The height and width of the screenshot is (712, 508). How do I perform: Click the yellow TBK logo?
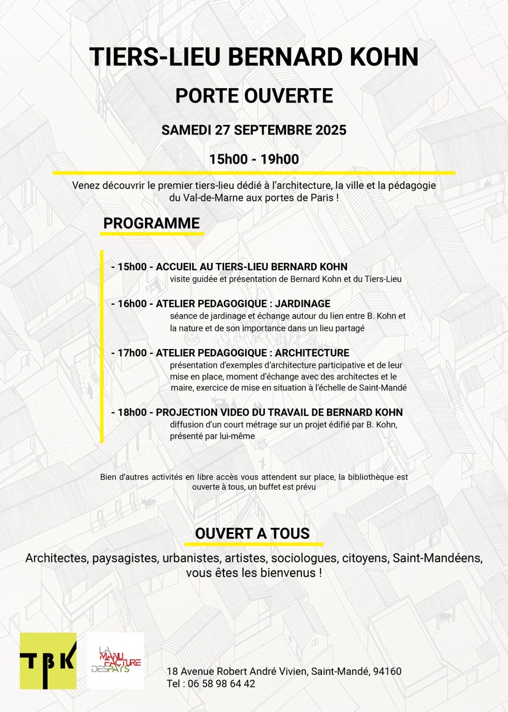48,661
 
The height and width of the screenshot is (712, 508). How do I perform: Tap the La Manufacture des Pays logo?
116,661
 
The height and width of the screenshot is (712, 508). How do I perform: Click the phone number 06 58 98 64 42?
222,684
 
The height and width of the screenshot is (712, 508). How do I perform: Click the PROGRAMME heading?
151,223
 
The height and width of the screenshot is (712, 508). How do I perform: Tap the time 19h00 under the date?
279,159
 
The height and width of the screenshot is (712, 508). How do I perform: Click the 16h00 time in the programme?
132,304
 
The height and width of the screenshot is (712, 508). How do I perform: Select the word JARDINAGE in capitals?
302,304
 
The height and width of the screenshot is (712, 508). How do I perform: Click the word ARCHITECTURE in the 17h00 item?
312,353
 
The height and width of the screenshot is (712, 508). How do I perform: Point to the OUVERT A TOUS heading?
252,534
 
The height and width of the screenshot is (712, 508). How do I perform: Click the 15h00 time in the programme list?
132,267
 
